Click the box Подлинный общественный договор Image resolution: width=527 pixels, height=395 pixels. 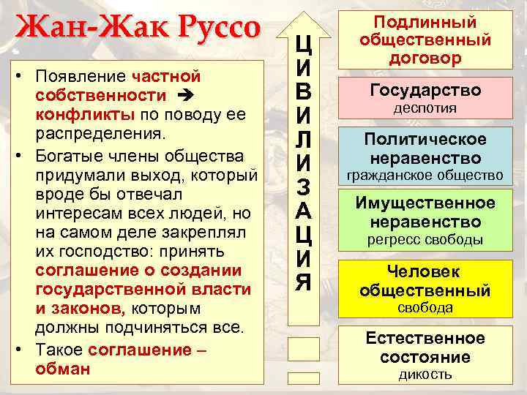pos(425,40)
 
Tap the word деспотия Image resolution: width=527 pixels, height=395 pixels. pos(425,108)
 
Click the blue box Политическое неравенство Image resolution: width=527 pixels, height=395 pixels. pos(425,148)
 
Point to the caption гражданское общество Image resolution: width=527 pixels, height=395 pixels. pos(425,176)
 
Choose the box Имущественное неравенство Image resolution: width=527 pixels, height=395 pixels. pos(425,212)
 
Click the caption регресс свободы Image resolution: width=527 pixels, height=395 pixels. pos(425,239)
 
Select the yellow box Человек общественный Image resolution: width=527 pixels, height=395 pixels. pos(425,281)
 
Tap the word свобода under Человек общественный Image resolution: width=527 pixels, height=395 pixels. pos(425,308)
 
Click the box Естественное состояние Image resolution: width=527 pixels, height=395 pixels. pos(425,347)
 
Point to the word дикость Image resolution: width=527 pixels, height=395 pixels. pos(425,375)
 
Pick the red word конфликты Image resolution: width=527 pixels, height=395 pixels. pos(83,115)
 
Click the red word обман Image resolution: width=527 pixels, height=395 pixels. pos(62,369)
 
